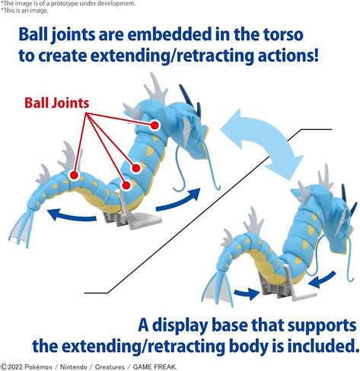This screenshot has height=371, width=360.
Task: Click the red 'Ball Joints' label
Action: tap(57, 103)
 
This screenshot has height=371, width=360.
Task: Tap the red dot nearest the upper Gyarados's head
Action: tap(155, 125)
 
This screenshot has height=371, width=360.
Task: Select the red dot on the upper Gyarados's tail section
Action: tap(74, 175)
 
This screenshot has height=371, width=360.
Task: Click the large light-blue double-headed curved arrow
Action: tap(263, 143)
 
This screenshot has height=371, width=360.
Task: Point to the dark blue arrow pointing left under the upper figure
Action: tap(72, 215)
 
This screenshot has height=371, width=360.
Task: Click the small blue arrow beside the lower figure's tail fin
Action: tap(247, 293)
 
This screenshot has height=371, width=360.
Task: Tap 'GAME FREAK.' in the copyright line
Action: tap(155, 367)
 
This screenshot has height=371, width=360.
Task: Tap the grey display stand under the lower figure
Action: tap(289, 285)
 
